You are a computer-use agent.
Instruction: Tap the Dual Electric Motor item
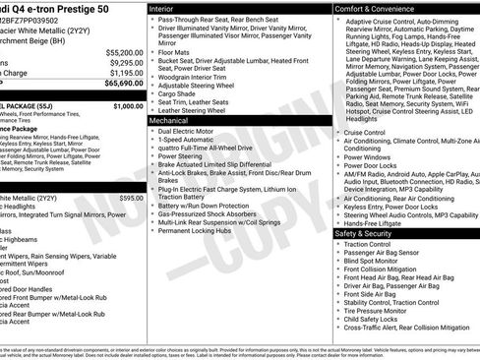tap(190, 131)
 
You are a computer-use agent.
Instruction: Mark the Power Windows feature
tap(369, 156)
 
